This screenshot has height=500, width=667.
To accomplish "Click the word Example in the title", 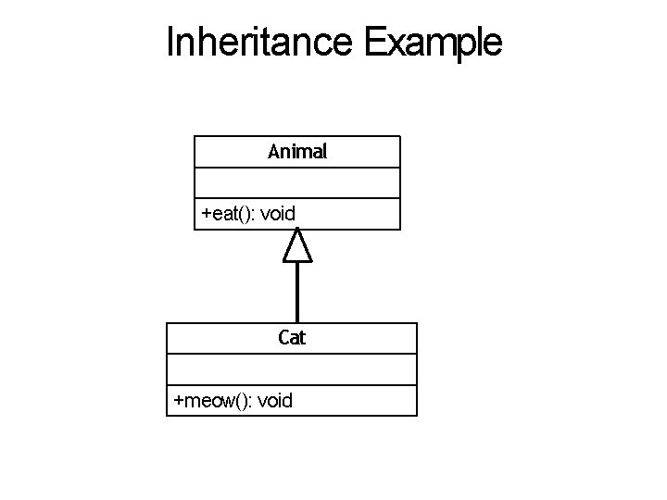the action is (434, 43).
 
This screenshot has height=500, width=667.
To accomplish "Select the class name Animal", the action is (297, 151).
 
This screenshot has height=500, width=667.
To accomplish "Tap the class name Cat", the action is (292, 338).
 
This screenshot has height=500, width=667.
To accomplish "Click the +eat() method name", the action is (228, 214).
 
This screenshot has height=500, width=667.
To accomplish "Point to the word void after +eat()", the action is (278, 214).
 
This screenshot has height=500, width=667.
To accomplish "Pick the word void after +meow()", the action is (275, 400).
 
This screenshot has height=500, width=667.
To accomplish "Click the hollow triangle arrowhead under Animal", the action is (296, 245).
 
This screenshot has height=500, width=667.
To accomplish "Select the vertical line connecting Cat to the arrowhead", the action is (296, 292).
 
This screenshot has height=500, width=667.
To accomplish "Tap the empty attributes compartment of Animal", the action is (297, 182).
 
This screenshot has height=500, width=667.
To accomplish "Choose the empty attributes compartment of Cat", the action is (292, 369).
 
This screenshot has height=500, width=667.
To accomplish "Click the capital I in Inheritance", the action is (170, 42).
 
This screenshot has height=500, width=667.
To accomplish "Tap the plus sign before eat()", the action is (207, 215).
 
